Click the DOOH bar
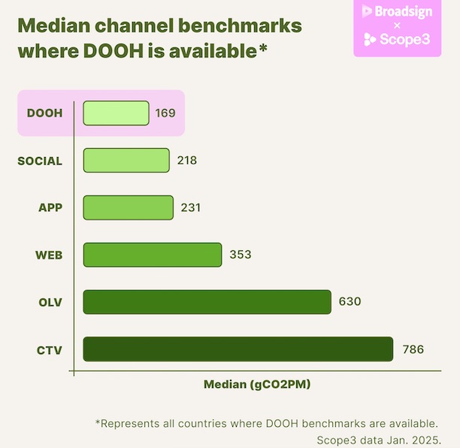116,113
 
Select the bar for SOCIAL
126,160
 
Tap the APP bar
128,207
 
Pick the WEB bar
152,255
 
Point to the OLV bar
207,301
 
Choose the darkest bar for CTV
238,349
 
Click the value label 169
165,114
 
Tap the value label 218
187,160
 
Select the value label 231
191,207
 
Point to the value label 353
240,255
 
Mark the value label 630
350,301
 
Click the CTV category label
50,349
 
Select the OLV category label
50,301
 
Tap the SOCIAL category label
40,161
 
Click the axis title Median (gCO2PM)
257,384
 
